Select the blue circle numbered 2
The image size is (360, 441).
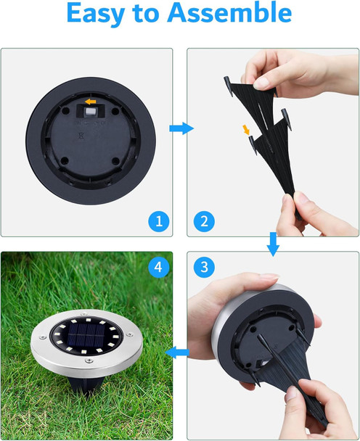coord(204,220)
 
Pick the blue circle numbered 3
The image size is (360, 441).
coord(204,267)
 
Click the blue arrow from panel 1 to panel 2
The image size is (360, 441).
coord(181,128)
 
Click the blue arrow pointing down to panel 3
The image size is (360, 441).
coord(273,244)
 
